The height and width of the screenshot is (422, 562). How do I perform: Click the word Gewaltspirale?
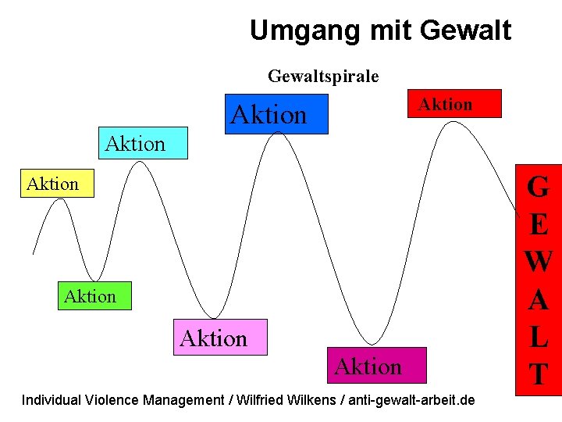click(x=323, y=76)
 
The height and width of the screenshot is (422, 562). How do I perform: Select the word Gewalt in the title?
click(x=465, y=30)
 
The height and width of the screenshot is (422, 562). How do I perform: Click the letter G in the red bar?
click(x=538, y=188)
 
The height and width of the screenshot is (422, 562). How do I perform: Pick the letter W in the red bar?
click(x=538, y=262)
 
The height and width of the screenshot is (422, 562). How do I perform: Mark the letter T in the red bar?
click(x=538, y=374)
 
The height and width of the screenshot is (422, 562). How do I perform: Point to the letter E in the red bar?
click(x=538, y=225)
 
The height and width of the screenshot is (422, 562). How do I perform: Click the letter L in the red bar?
click(x=538, y=337)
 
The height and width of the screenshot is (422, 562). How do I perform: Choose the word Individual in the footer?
click(x=50, y=400)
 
